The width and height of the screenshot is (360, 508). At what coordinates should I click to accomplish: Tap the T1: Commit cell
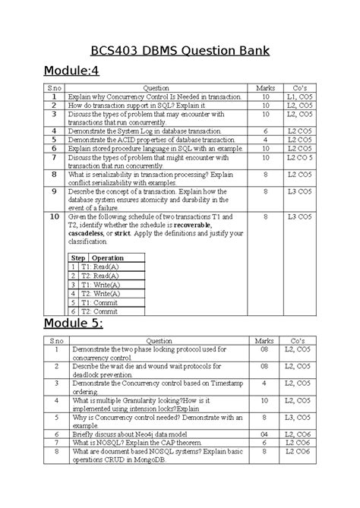[x=101, y=301]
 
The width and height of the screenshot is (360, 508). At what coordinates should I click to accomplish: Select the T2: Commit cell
[x=101, y=310]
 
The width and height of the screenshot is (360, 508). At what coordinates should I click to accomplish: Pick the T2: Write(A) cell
[x=100, y=292]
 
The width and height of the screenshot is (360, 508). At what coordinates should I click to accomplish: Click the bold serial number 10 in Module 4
[x=54, y=217]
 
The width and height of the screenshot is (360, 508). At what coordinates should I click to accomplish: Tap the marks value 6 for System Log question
[x=264, y=131]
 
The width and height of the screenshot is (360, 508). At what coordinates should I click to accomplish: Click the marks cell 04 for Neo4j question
[x=264, y=434]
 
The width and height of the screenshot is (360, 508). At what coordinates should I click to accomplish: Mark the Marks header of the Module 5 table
[x=264, y=341]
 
